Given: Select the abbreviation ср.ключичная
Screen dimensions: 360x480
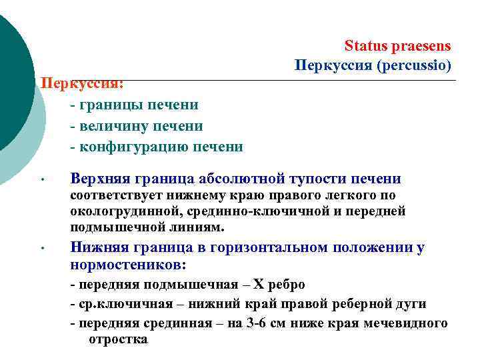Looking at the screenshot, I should (x=122, y=305).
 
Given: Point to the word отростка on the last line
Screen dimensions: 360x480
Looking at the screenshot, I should (x=118, y=339).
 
